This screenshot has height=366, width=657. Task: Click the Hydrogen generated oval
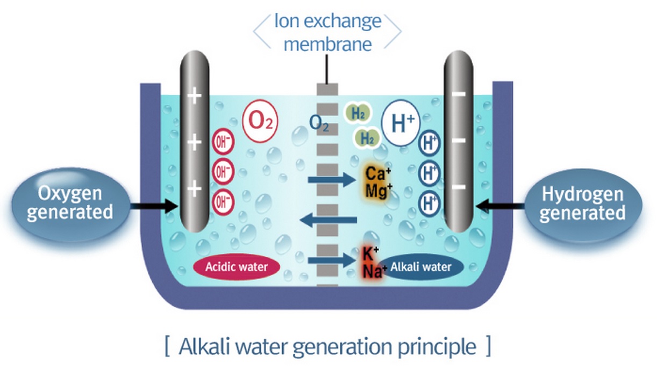tap(583, 204)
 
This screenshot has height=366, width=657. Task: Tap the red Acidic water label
tap(237, 266)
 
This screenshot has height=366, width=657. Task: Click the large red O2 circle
tap(261, 123)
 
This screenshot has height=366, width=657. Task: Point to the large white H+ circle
tap(399, 125)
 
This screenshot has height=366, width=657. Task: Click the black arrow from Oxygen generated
tap(153, 205)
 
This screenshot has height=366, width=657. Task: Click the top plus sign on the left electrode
tap(195, 97)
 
